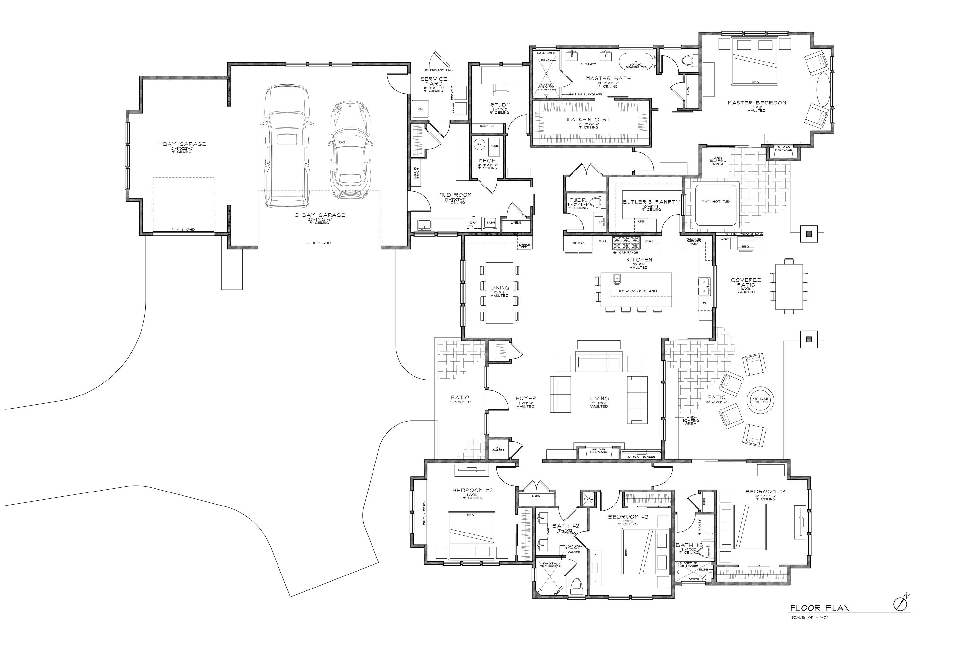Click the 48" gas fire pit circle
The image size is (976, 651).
(760, 401)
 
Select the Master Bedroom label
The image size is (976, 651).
(756, 103)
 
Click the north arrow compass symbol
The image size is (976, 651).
(899, 604)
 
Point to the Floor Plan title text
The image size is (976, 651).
(819, 609)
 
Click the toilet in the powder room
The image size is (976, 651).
(596, 202)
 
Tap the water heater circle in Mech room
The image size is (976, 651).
(479, 145)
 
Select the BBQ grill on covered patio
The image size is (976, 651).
(745, 246)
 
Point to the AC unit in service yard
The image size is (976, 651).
(420, 109)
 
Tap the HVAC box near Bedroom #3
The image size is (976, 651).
(589, 499)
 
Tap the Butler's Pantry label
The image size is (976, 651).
(651, 202)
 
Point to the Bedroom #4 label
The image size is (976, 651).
(765, 492)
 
